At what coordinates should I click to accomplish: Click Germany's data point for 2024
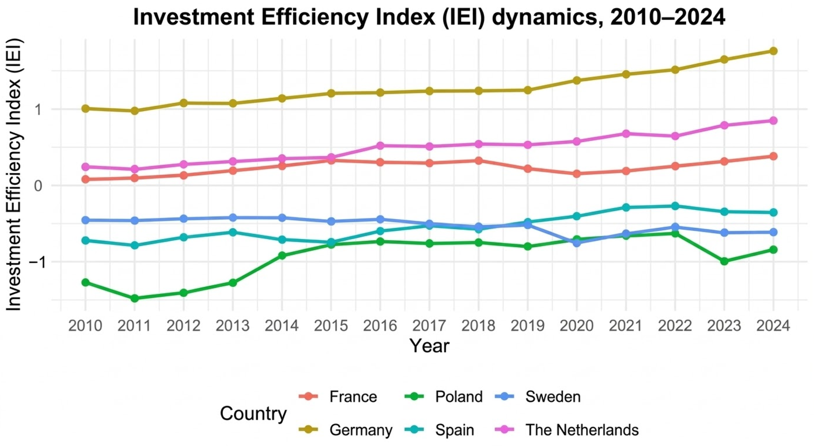(x=773, y=51)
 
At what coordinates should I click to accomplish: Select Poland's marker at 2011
(x=135, y=298)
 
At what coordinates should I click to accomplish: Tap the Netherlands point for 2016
(x=380, y=146)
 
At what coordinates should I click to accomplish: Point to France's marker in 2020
(x=577, y=174)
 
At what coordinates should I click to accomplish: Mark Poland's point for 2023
(x=724, y=261)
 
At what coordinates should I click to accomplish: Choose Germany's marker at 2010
(x=85, y=109)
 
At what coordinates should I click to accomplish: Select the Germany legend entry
(x=345, y=429)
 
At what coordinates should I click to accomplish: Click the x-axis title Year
(x=429, y=346)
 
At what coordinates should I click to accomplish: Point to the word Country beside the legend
(x=253, y=413)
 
